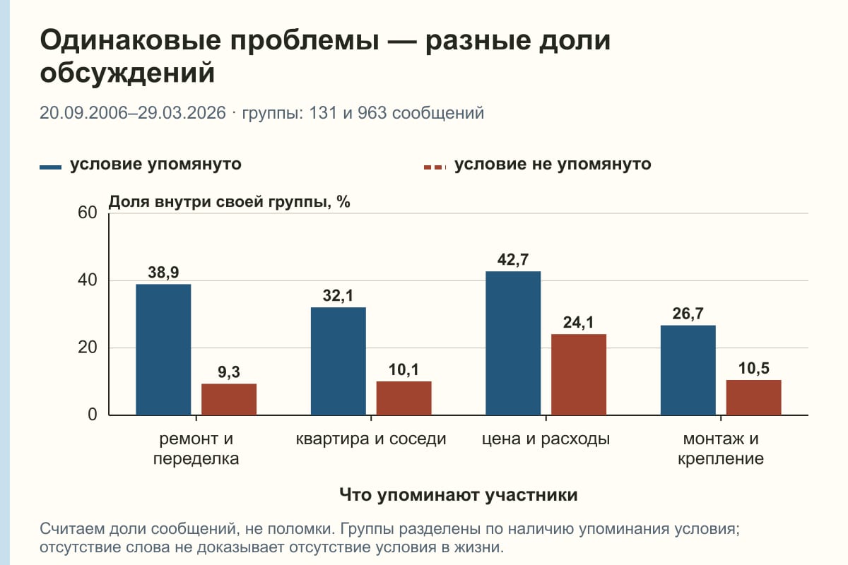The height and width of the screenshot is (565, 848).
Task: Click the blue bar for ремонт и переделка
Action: pyautogui.click(x=163, y=350)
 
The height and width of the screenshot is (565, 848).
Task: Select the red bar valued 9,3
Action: pyautogui.click(x=229, y=400)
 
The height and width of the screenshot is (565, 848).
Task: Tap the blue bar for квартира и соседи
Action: pyautogui.click(x=338, y=361)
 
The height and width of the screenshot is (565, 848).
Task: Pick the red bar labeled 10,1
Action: pyautogui.click(x=404, y=398)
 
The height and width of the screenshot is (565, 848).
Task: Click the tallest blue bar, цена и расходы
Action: pyautogui.click(x=513, y=343)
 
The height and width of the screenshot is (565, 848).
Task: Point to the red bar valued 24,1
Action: pyautogui.click(x=579, y=374)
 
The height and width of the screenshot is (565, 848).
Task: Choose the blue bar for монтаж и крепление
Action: pyautogui.click(x=688, y=370)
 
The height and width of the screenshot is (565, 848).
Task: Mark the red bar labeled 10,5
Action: pyautogui.click(x=753, y=398)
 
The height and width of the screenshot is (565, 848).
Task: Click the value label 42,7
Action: pyautogui.click(x=513, y=260)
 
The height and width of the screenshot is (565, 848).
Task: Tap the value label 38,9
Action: pyautogui.click(x=163, y=273)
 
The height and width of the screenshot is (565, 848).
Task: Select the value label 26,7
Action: pyautogui.click(x=688, y=314)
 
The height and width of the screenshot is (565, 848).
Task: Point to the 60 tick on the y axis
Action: pyautogui.click(x=88, y=213)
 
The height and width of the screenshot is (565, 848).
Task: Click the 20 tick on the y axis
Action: pyautogui.click(x=88, y=347)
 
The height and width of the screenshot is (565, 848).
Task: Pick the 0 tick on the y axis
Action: pyautogui.click(x=93, y=415)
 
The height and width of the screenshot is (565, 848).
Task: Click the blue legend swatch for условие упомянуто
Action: pyautogui.click(x=50, y=167)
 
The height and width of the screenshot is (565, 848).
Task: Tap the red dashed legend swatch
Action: pyautogui.click(x=435, y=167)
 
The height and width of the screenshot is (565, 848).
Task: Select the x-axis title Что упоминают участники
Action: pyautogui.click(x=458, y=495)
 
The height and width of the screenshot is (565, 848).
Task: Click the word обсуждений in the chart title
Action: pyautogui.click(x=127, y=73)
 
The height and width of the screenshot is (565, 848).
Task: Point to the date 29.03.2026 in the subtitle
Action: pyautogui.click(x=182, y=113)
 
